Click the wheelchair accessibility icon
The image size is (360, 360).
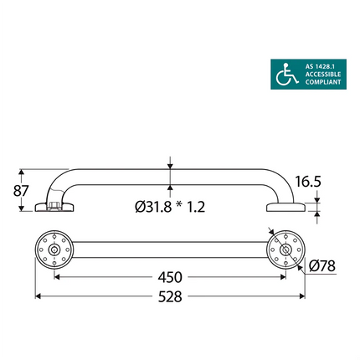click(287, 75)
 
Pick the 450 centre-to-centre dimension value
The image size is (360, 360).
click(172, 276)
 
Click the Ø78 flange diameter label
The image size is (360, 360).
click(321, 266)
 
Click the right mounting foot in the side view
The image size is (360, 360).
click(282, 207)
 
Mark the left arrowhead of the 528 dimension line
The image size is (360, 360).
click(38, 296)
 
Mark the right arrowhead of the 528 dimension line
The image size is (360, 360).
click(301, 296)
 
